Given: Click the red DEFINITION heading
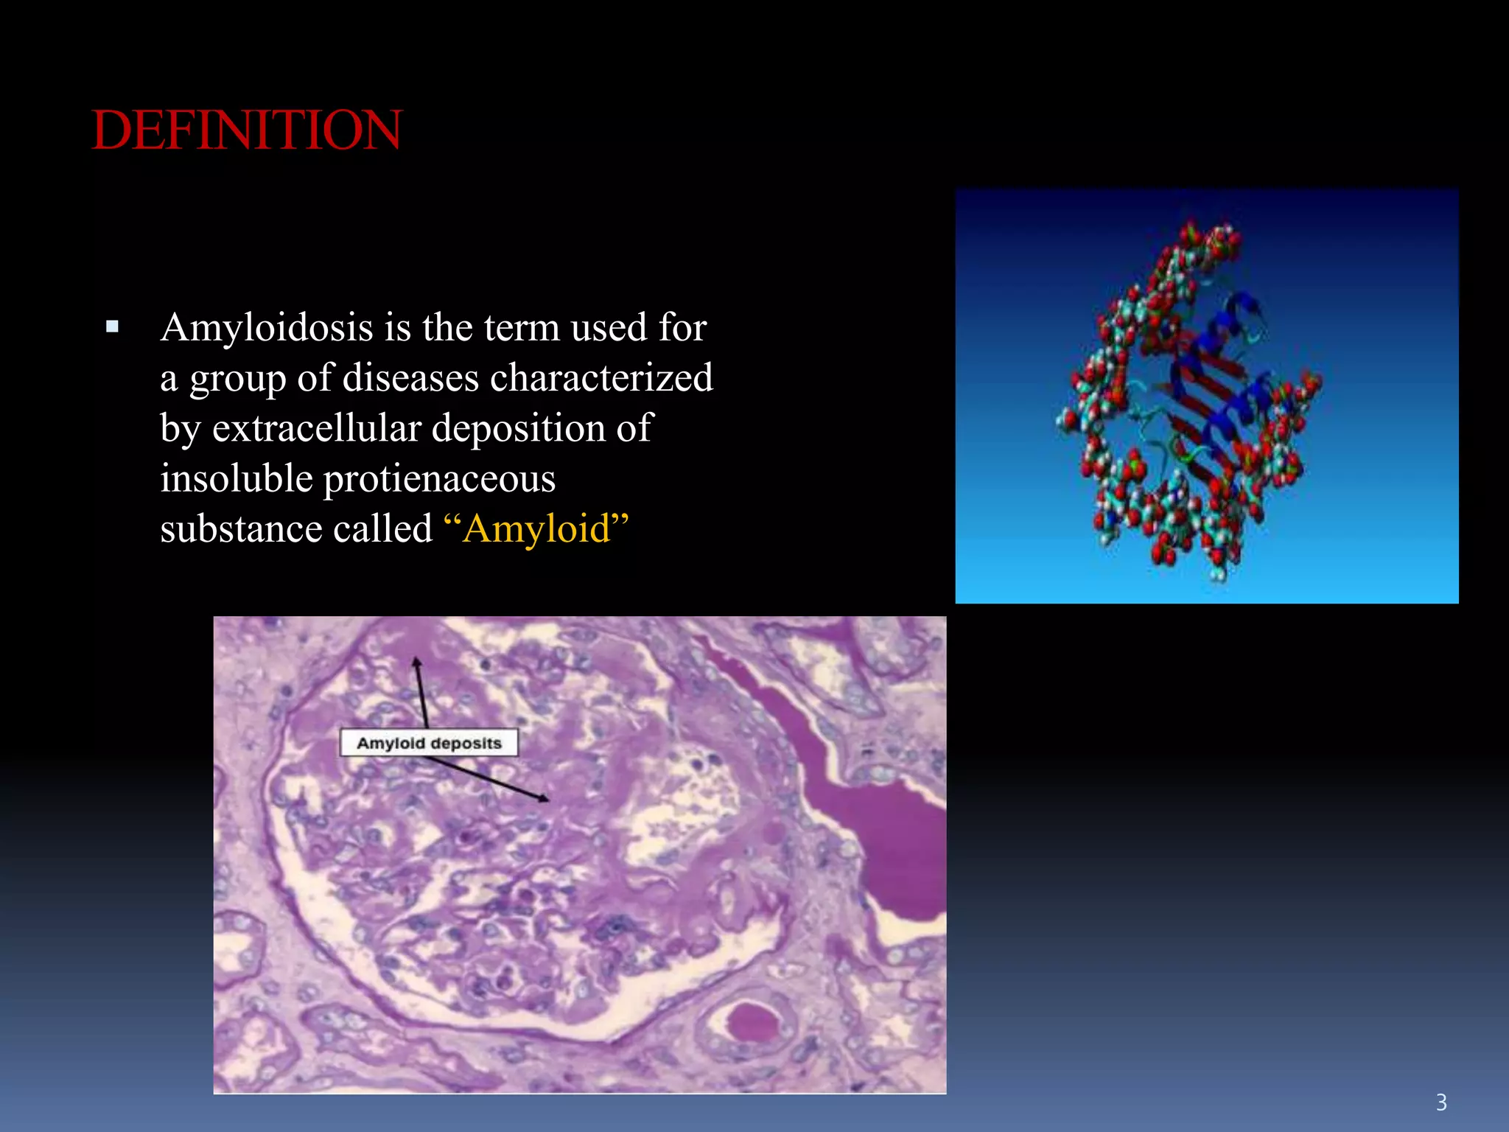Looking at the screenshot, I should click(247, 130).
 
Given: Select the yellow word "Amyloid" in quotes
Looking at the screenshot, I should click(537, 529).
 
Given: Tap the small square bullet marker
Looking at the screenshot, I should click(112, 326).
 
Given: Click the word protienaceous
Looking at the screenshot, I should click(439, 479).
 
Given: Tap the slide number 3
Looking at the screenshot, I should click(1441, 1103).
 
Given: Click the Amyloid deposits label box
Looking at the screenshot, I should click(429, 743).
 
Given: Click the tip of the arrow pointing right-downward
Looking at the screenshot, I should click(547, 800).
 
